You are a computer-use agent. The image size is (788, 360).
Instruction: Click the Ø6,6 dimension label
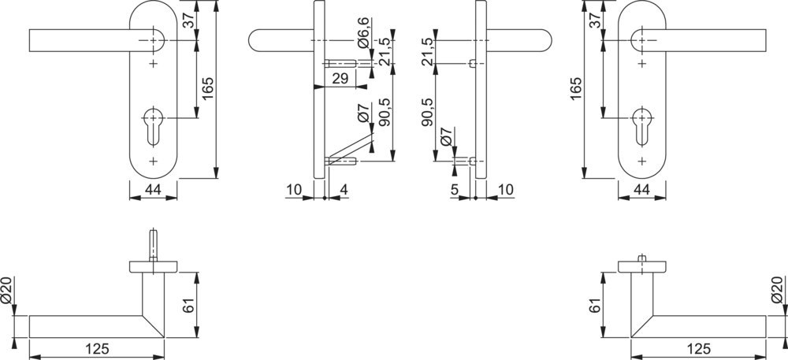point(364,32)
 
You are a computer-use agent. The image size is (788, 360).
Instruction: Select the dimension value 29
point(340,79)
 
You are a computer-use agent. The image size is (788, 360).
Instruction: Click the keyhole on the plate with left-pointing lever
point(154,126)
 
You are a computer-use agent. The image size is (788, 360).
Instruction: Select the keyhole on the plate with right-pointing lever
point(641,126)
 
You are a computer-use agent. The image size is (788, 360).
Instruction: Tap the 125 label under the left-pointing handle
point(98,349)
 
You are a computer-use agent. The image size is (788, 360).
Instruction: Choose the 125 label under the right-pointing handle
point(698,349)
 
